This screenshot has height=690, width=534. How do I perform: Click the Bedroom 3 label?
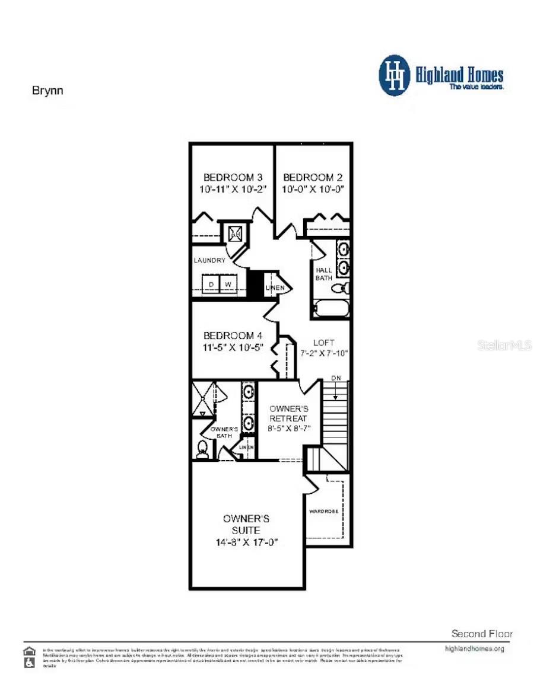click(233, 177)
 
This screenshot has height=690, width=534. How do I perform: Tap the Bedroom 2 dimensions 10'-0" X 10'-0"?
click(313, 190)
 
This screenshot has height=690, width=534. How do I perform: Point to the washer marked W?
click(228, 285)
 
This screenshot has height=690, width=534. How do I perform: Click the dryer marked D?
click(210, 285)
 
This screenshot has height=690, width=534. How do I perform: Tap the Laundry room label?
click(209, 260)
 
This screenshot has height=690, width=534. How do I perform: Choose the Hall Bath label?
click(324, 274)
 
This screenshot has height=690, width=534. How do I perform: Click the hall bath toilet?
click(340, 289)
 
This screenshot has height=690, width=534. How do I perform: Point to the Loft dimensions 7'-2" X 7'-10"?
click(324, 353)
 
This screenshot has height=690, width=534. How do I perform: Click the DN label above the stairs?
click(336, 378)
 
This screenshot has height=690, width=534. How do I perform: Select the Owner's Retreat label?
click(289, 414)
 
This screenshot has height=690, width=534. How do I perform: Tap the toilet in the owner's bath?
click(202, 449)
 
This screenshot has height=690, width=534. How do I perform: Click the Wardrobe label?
click(323, 510)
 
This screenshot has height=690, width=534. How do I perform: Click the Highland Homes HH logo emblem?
click(394, 75)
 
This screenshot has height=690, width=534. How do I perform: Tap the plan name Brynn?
click(47, 91)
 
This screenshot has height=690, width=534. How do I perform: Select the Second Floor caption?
click(481, 634)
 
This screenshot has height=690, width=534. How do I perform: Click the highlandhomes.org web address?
click(474, 649)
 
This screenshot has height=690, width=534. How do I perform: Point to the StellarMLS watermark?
click(504, 345)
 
